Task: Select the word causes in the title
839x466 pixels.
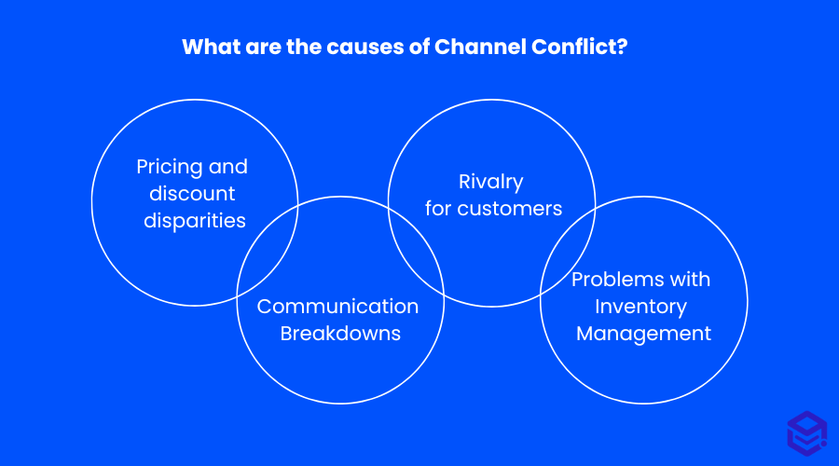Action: click(x=365, y=48)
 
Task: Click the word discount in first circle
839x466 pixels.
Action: click(x=193, y=194)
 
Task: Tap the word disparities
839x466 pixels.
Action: click(x=195, y=221)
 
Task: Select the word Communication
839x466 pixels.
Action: click(x=337, y=307)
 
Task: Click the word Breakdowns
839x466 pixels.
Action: click(x=340, y=334)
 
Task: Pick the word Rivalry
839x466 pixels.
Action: click(x=490, y=182)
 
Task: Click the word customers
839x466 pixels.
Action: click(x=510, y=209)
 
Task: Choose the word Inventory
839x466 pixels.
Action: click(x=643, y=307)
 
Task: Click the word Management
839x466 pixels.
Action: click(x=643, y=334)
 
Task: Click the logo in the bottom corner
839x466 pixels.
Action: click(x=806, y=432)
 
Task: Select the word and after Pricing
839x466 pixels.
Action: click(x=229, y=168)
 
